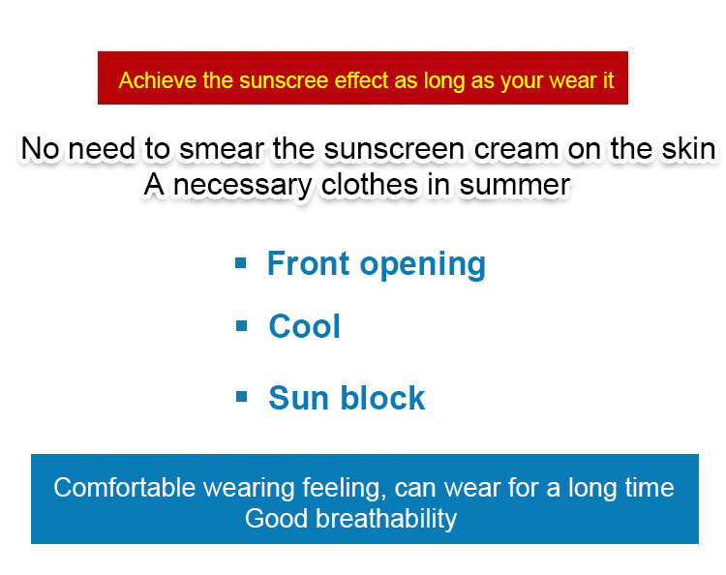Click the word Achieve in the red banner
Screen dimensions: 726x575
158,80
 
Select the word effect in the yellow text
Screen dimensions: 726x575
361,80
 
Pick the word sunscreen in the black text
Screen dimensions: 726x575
394,149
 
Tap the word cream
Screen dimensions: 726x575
516,150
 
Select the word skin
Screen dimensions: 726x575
688,149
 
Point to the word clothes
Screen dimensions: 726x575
370,184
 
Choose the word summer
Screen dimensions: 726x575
514,185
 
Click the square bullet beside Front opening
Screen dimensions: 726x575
241,263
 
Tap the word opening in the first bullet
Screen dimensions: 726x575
423,265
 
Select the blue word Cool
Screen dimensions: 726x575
304,326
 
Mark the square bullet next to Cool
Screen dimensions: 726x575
241,326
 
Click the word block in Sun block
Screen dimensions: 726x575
382,398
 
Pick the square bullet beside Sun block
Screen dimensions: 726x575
241,397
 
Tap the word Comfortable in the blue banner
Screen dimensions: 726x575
125,488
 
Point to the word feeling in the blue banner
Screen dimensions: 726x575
344,489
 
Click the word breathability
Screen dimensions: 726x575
386,519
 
